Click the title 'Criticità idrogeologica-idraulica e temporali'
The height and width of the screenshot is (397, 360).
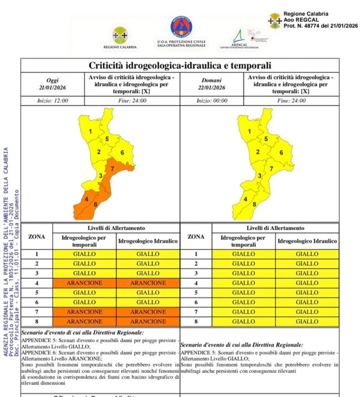click(x=179, y=65)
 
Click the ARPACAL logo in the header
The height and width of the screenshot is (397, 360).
click(x=243, y=38)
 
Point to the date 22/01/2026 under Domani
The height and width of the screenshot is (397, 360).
click(x=212, y=87)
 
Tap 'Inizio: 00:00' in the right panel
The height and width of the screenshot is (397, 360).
click(x=212, y=101)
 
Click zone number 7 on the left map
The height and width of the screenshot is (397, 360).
click(x=112, y=168)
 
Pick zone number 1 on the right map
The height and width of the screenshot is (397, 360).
click(x=250, y=131)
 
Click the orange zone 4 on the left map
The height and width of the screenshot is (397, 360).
click(x=86, y=198)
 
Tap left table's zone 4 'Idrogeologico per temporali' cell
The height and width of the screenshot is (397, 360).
click(x=85, y=282)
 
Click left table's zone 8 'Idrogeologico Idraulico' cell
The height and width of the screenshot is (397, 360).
click(x=148, y=321)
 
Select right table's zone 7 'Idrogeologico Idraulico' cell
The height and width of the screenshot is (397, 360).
click(x=307, y=311)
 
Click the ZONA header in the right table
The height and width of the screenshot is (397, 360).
click(x=196, y=237)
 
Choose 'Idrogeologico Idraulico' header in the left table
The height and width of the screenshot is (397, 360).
click(x=148, y=241)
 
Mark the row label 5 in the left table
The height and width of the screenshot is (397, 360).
click(x=37, y=292)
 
